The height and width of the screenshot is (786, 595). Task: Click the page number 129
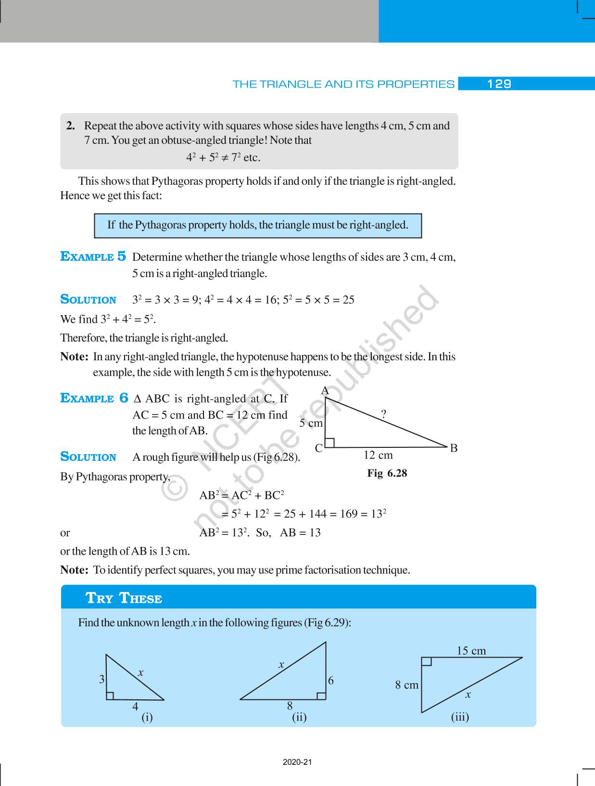pos(499,84)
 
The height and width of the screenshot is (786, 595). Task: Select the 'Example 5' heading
pos(93,256)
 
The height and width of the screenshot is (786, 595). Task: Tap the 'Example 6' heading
pos(94,398)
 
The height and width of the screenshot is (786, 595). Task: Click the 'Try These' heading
pos(124,598)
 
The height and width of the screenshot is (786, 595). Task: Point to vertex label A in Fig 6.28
pos(325,391)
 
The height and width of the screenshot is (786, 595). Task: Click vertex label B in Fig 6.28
pos(454,448)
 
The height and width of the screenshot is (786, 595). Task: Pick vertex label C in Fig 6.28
pos(318,448)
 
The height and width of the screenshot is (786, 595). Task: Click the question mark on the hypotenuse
pos(383,414)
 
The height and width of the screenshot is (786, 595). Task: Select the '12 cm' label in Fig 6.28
pos(378,455)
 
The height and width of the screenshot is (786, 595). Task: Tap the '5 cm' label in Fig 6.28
pos(311,423)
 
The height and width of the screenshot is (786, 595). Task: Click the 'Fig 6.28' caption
pos(387,473)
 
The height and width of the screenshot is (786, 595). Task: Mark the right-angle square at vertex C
pos(330,443)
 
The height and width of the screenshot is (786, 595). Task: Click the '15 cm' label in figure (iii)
pos(471,651)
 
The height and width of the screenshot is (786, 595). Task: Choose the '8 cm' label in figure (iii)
pos(407,685)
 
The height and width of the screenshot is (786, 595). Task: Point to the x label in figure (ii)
pos(281,665)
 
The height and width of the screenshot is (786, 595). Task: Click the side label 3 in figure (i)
pos(102,679)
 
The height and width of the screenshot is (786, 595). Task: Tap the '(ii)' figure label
pos(299,717)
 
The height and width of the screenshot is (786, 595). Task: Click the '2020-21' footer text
pos(297,762)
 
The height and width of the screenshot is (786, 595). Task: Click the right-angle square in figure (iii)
pos(427,662)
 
